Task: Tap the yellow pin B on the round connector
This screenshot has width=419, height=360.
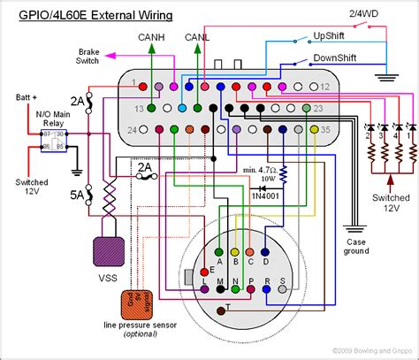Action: (235, 249)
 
